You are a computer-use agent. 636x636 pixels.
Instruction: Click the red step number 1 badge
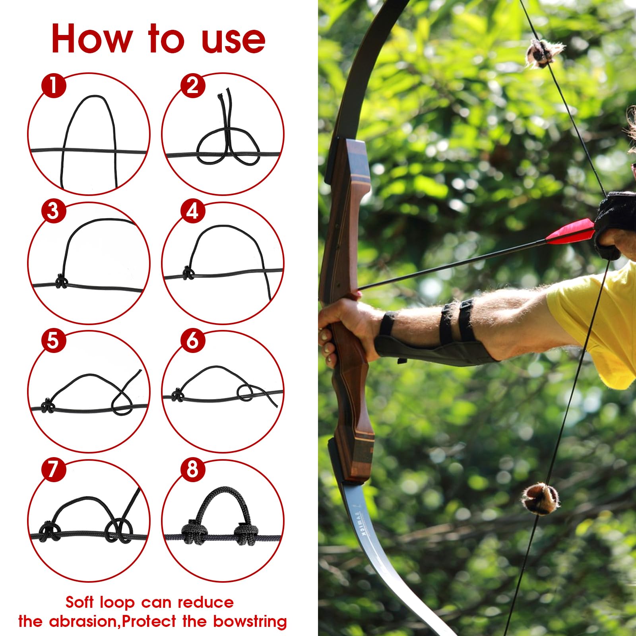[53, 85]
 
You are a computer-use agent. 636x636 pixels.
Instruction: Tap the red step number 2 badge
[192, 85]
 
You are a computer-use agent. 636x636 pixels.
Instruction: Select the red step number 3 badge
[53, 211]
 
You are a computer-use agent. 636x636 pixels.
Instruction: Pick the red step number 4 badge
[192, 211]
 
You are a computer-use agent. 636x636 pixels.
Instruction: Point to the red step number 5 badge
[53, 340]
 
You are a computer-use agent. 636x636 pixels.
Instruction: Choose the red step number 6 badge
[192, 340]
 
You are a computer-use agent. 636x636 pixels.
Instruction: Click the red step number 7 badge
[53, 469]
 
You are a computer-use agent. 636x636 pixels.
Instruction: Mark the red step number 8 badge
[192, 469]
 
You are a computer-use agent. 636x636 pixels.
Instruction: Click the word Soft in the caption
[80, 602]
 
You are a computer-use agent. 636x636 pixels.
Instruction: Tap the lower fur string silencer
[540, 498]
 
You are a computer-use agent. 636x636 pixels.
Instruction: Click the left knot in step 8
[193, 533]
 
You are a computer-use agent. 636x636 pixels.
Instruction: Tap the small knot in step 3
[61, 282]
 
